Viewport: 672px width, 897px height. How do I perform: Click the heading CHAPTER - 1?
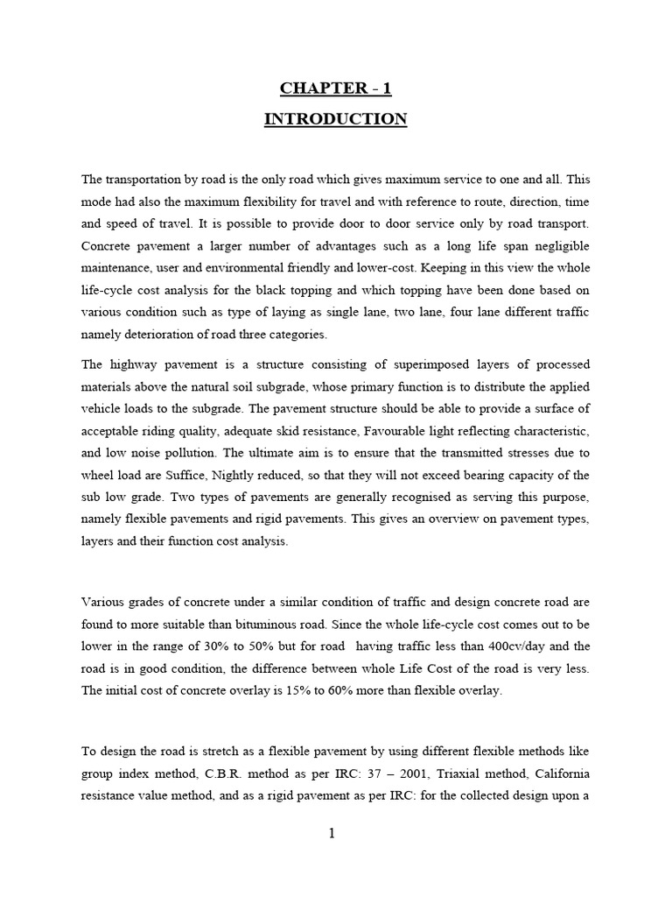tap(335, 88)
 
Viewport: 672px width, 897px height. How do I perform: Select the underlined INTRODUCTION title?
tap(335, 119)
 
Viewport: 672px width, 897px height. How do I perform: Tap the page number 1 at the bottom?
tap(332, 833)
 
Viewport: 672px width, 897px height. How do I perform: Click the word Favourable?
tap(399, 433)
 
